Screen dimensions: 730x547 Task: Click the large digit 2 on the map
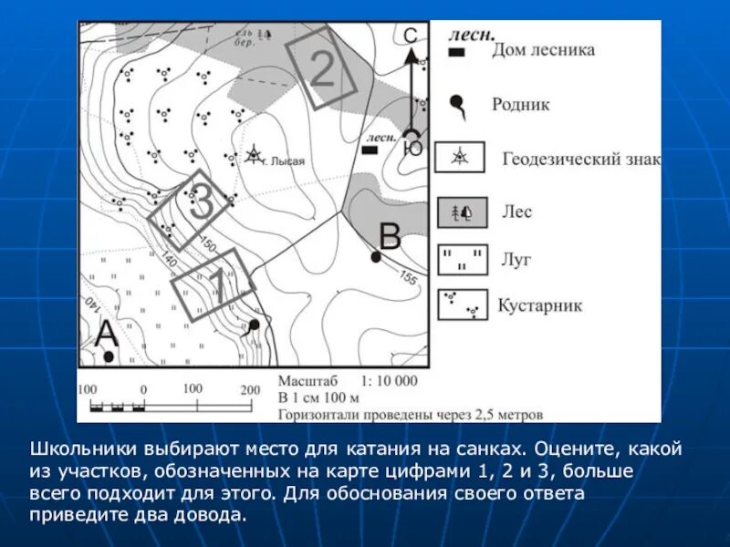point(321,69)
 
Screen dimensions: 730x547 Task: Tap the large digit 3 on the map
point(201,202)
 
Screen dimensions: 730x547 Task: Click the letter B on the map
point(390,237)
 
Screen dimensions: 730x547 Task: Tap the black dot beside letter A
point(109,356)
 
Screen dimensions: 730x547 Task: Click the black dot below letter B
point(376,257)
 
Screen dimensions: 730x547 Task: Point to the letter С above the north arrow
point(411,36)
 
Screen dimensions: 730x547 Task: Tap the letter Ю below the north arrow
point(413,147)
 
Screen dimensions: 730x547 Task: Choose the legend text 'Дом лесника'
point(543,50)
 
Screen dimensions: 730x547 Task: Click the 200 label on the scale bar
point(250,389)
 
